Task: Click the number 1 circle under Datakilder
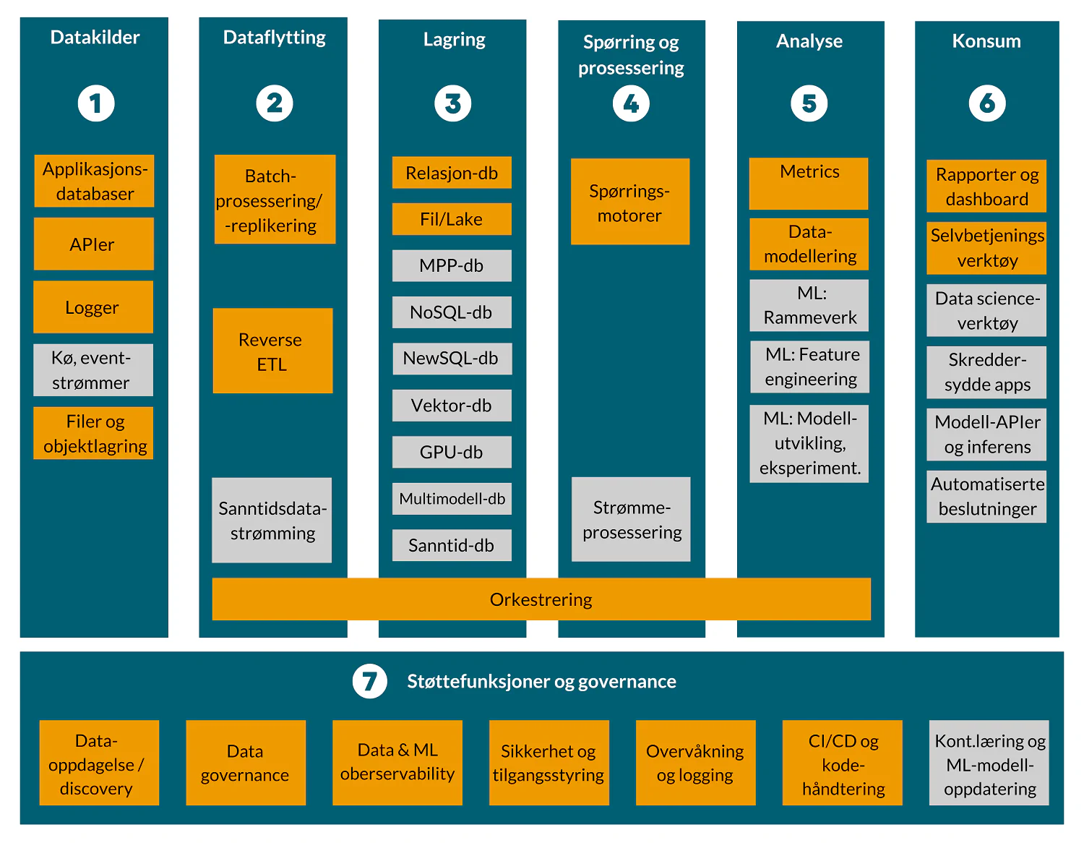[x=96, y=103]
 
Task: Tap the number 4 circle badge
[x=631, y=104]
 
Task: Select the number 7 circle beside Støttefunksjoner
[x=369, y=681]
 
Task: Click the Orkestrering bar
[x=541, y=599]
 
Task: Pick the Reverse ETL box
[x=272, y=351]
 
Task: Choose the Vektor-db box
[x=452, y=406]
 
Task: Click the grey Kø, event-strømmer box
[x=93, y=370]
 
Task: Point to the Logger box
[x=93, y=307]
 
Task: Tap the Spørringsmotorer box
[x=629, y=202]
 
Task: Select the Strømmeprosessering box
[x=631, y=520]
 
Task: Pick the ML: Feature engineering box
[x=809, y=367]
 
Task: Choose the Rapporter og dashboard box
[x=986, y=187]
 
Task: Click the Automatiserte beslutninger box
[x=986, y=497]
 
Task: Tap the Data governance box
[x=246, y=763]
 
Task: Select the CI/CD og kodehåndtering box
[x=843, y=763]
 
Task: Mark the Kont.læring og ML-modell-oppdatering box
[x=989, y=763]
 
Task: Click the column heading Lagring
[x=454, y=40]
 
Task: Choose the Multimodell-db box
[x=452, y=499]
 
